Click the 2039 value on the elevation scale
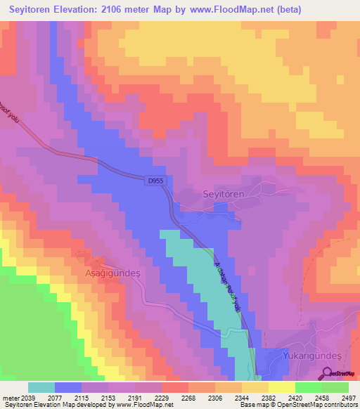tap(28, 397)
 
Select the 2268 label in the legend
tap(188, 397)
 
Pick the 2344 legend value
tap(242, 397)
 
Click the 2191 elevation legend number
tap(135, 397)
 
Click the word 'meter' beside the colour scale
tap(10, 397)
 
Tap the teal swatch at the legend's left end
tap(41, 387)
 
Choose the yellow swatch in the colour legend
tap(282, 387)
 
